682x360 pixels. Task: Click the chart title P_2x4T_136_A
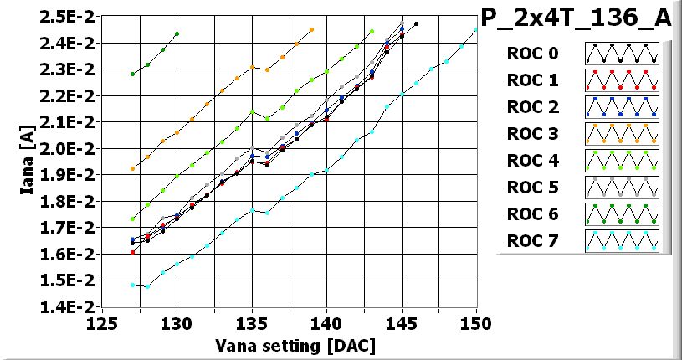[x=577, y=18]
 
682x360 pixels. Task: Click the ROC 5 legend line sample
[x=622, y=188]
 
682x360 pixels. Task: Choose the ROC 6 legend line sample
[x=622, y=214]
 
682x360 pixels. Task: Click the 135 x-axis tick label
[x=252, y=323]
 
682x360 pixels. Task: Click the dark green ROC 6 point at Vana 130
[x=177, y=34]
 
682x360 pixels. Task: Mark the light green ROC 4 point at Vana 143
[x=372, y=32]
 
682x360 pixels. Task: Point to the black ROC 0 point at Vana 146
[x=416, y=24]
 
